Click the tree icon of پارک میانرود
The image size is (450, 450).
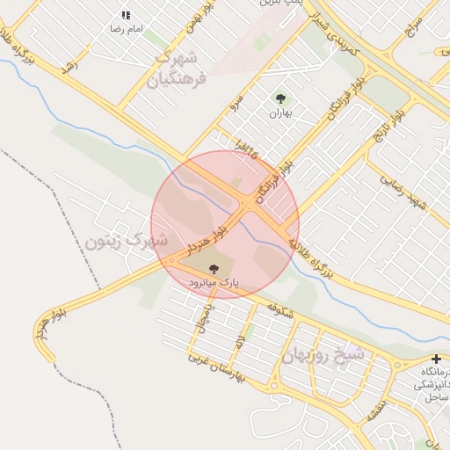213,268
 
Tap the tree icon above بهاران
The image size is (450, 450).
280,99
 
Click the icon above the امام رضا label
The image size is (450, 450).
126,15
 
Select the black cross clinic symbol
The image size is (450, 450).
437,359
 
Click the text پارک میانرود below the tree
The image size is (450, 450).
214,282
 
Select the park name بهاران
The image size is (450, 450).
279,113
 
